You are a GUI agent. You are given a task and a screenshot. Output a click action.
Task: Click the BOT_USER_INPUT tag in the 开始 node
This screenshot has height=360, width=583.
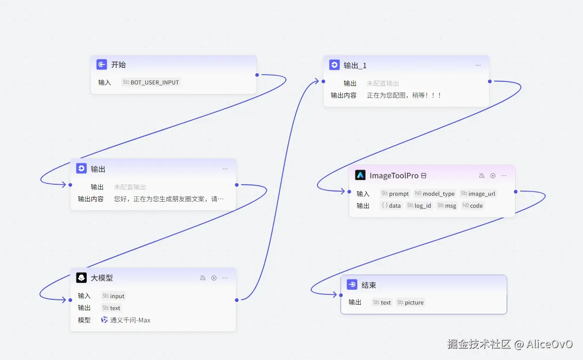point(151,82)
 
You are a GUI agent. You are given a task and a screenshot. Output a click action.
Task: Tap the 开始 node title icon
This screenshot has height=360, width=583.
point(102,64)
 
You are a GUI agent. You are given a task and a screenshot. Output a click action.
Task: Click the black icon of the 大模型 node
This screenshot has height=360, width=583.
point(82,278)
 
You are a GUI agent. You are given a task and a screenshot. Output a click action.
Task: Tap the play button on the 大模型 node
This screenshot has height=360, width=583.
point(214,278)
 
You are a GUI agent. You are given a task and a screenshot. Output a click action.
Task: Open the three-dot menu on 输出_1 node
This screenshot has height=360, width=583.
point(478,65)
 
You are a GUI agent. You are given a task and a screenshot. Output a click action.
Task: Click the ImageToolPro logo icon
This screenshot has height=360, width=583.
point(360,175)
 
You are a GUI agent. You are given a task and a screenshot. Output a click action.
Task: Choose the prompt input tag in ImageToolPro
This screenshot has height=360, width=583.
point(395,194)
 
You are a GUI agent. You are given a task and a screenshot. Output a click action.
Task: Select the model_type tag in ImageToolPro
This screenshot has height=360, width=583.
point(434,194)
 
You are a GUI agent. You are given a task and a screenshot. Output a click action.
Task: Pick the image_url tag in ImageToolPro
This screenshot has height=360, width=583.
point(478,194)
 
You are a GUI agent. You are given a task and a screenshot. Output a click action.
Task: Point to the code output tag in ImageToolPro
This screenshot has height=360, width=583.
point(472,206)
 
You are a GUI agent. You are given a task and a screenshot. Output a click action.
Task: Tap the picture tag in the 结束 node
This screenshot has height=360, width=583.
point(410,302)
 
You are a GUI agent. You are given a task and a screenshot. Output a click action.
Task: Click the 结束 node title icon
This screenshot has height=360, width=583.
point(352,285)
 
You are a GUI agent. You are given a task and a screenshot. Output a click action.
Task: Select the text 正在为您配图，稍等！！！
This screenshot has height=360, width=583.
point(404,96)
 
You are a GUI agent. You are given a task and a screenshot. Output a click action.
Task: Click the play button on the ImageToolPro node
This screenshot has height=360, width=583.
point(493,176)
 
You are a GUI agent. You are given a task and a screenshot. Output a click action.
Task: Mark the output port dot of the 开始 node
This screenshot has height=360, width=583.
point(257,75)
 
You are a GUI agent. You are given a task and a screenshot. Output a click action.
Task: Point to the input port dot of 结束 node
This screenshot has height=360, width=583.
point(341,295)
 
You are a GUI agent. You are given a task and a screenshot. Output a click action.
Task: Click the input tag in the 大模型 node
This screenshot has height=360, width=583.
point(113,296)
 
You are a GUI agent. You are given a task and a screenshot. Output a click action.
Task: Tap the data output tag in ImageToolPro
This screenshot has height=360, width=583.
point(391,206)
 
